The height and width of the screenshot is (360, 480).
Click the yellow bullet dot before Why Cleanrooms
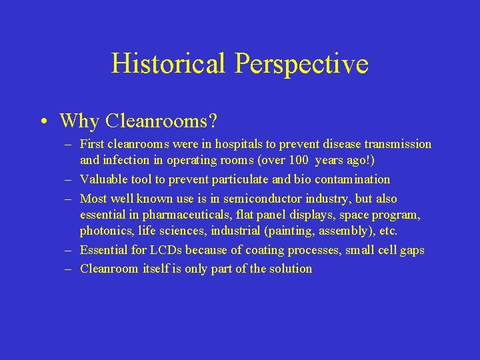(x=42, y=122)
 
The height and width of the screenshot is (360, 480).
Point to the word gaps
(x=411, y=250)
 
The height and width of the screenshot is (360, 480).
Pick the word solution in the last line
(x=289, y=269)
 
